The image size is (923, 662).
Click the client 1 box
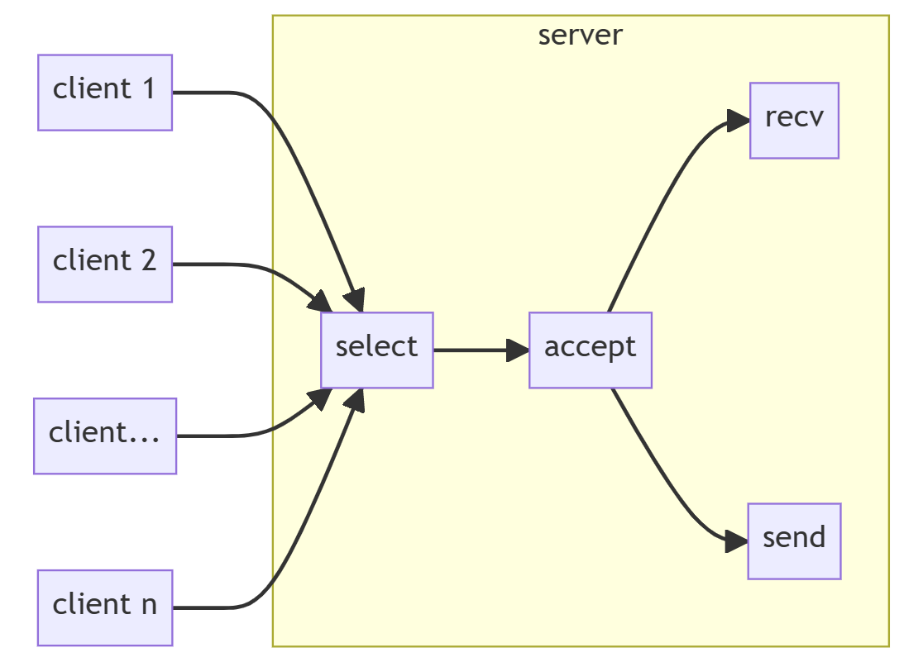click(105, 93)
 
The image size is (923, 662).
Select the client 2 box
click(105, 264)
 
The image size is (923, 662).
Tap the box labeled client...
click(105, 436)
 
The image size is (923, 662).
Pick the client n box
click(105, 607)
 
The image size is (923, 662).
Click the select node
click(377, 350)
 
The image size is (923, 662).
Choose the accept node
click(591, 350)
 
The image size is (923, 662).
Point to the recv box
click(794, 121)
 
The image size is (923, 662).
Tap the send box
click(794, 541)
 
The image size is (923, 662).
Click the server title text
click(580, 36)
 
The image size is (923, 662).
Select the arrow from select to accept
click(476, 350)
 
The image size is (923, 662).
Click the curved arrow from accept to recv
click(662, 198)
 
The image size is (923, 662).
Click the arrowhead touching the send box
click(737, 543)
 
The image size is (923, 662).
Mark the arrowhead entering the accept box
click(519, 350)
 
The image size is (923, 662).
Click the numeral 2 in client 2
click(148, 261)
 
